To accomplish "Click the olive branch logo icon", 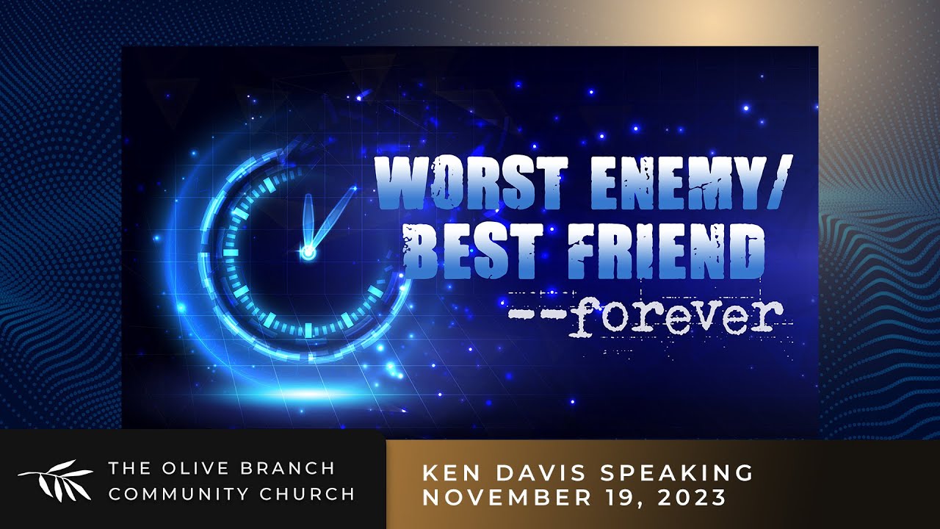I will tap(55, 481).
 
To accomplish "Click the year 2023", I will tap(693, 497).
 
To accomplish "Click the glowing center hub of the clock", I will tap(308, 252).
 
